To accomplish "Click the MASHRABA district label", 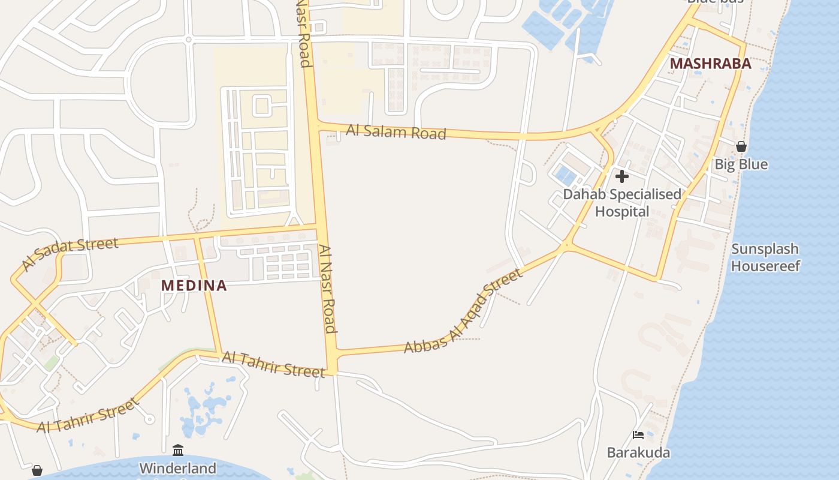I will pyautogui.click(x=710, y=64).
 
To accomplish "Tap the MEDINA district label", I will pyautogui.click(x=194, y=286).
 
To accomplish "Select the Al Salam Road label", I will pyautogui.click(x=396, y=132).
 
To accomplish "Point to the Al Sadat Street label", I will pyautogui.click(x=70, y=254).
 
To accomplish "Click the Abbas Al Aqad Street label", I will pyautogui.click(x=463, y=311).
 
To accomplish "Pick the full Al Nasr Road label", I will pyautogui.click(x=327, y=289).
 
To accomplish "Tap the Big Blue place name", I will pyautogui.click(x=741, y=164).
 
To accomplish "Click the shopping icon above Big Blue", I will pyautogui.click(x=741, y=146).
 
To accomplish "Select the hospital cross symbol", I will pyautogui.click(x=622, y=176).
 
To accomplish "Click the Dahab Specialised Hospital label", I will pyautogui.click(x=622, y=203).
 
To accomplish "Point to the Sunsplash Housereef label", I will pyautogui.click(x=765, y=257).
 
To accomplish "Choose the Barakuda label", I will pyautogui.click(x=638, y=452).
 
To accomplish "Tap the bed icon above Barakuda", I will pyautogui.click(x=638, y=435).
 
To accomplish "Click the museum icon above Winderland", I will pyautogui.click(x=178, y=450).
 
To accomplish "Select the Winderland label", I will pyautogui.click(x=178, y=468).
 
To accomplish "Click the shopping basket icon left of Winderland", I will pyautogui.click(x=37, y=470).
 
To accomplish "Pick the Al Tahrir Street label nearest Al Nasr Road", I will pyautogui.click(x=273, y=365).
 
